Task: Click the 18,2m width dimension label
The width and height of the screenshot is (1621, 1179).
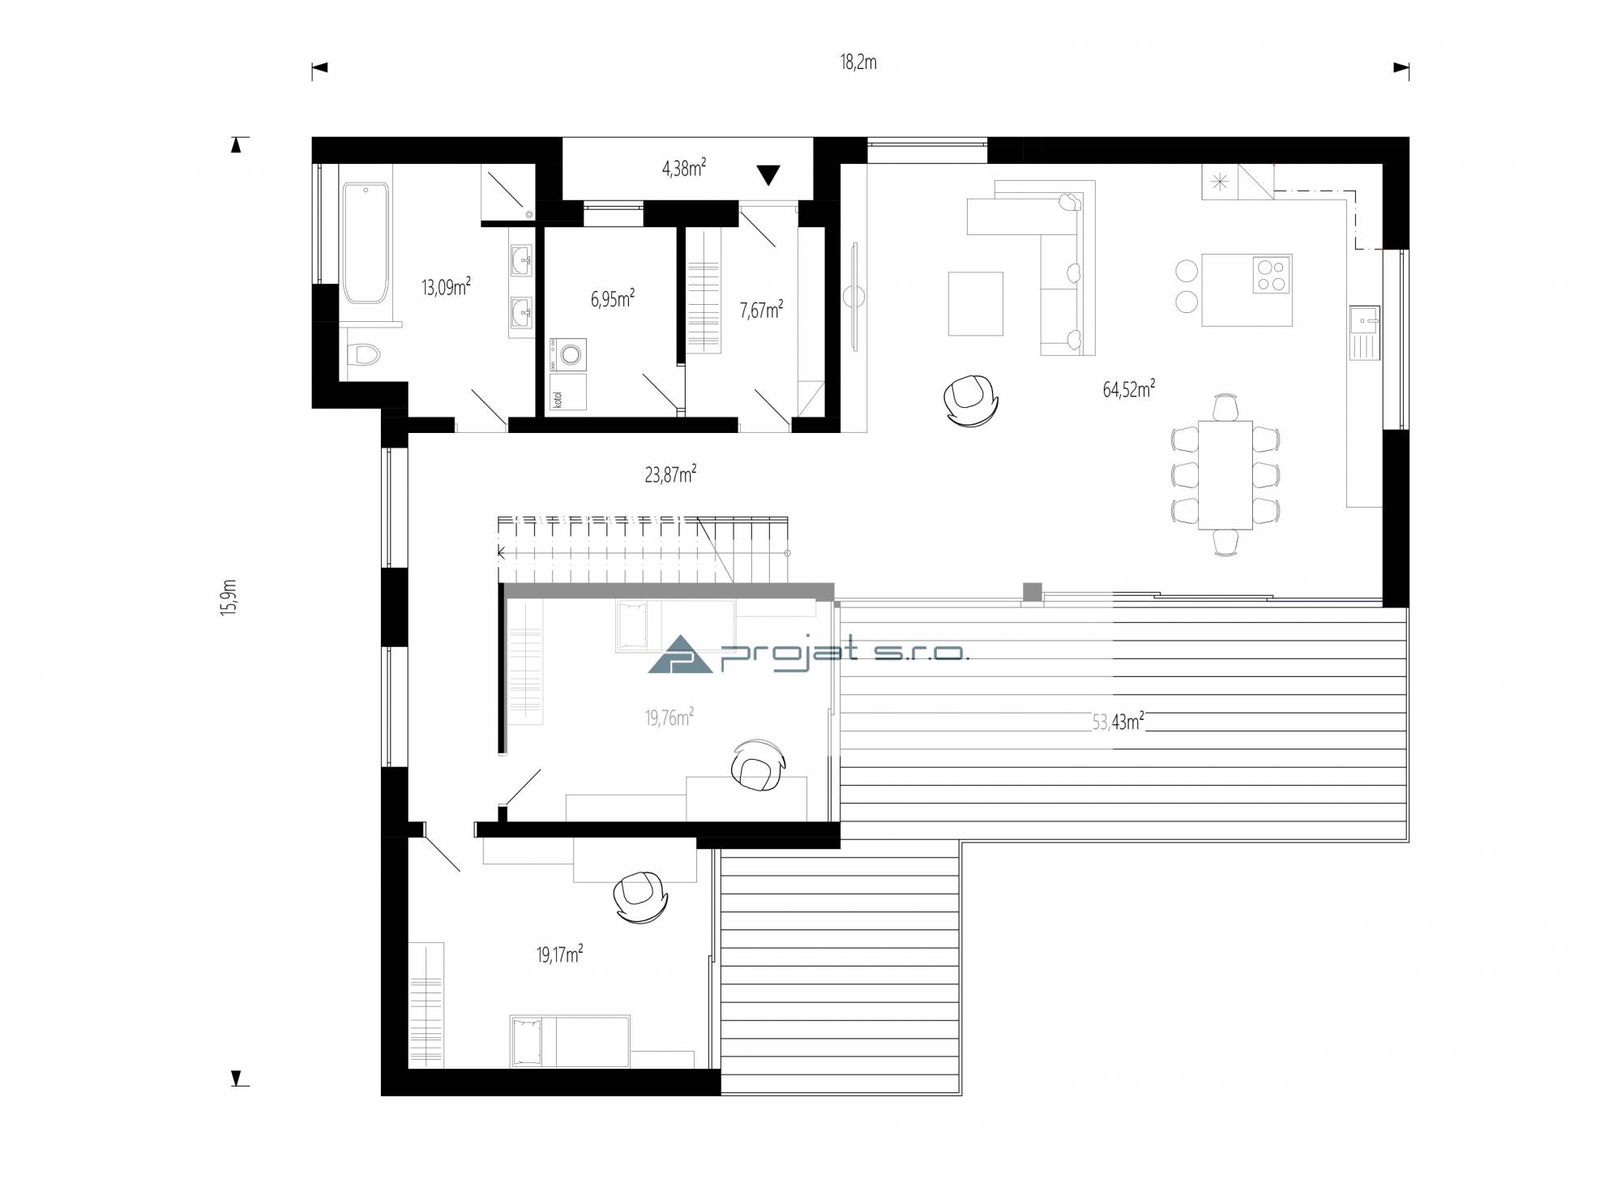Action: [858, 63]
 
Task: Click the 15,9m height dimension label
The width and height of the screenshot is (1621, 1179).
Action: [229, 598]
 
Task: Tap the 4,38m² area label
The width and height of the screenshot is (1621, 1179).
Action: [683, 169]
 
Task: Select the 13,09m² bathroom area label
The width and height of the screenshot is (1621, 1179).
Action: [446, 287]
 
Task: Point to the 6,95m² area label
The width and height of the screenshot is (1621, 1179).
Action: [612, 299]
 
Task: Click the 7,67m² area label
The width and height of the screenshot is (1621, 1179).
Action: [761, 310]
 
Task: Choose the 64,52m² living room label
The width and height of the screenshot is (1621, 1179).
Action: [1128, 389]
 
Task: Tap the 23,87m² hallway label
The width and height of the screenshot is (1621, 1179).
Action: [670, 474]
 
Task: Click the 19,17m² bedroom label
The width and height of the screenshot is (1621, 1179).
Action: [559, 954]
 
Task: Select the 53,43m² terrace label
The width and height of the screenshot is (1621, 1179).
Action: [1118, 722]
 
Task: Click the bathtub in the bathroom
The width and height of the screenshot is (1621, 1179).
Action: [366, 242]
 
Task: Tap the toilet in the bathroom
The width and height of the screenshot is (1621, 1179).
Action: [362, 354]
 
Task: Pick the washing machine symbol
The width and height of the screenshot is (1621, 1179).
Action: [568, 354]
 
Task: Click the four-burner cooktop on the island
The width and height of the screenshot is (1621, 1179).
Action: [1270, 274]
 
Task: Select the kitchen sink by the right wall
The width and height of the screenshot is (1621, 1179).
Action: [1366, 332]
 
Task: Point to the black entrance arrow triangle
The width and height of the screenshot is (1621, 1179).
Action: [768, 175]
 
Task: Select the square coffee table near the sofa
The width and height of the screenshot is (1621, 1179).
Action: [976, 303]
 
